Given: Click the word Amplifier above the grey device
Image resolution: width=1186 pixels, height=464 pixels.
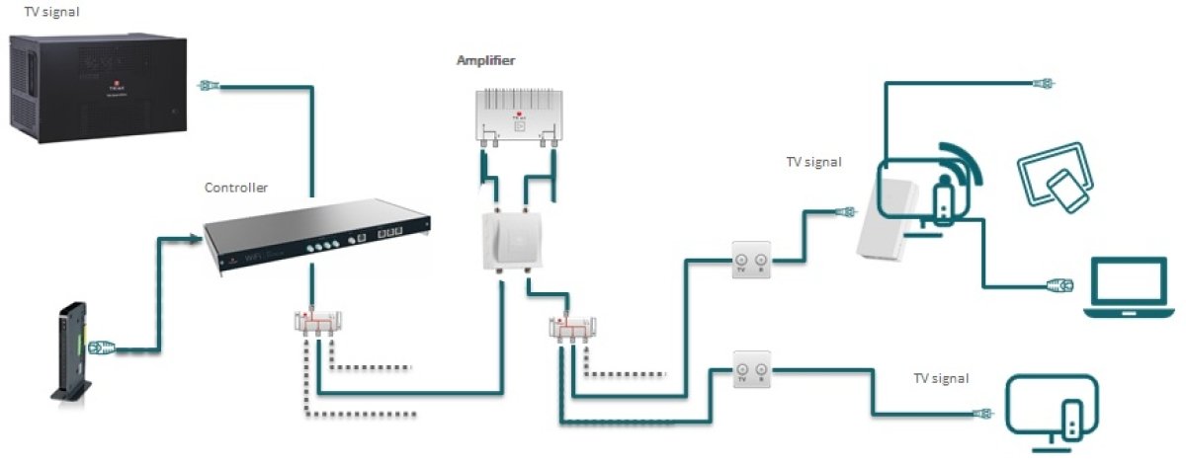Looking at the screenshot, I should pyautogui.click(x=485, y=61).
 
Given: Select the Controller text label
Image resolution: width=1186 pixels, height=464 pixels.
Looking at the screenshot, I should pyautogui.click(x=236, y=187).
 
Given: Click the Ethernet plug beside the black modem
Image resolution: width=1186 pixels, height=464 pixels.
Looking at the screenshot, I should pyautogui.click(x=102, y=348).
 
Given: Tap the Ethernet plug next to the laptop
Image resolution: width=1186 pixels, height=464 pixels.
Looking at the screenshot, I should pyautogui.click(x=1059, y=286).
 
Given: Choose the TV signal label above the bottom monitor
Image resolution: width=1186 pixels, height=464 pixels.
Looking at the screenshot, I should pyautogui.click(x=940, y=379).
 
